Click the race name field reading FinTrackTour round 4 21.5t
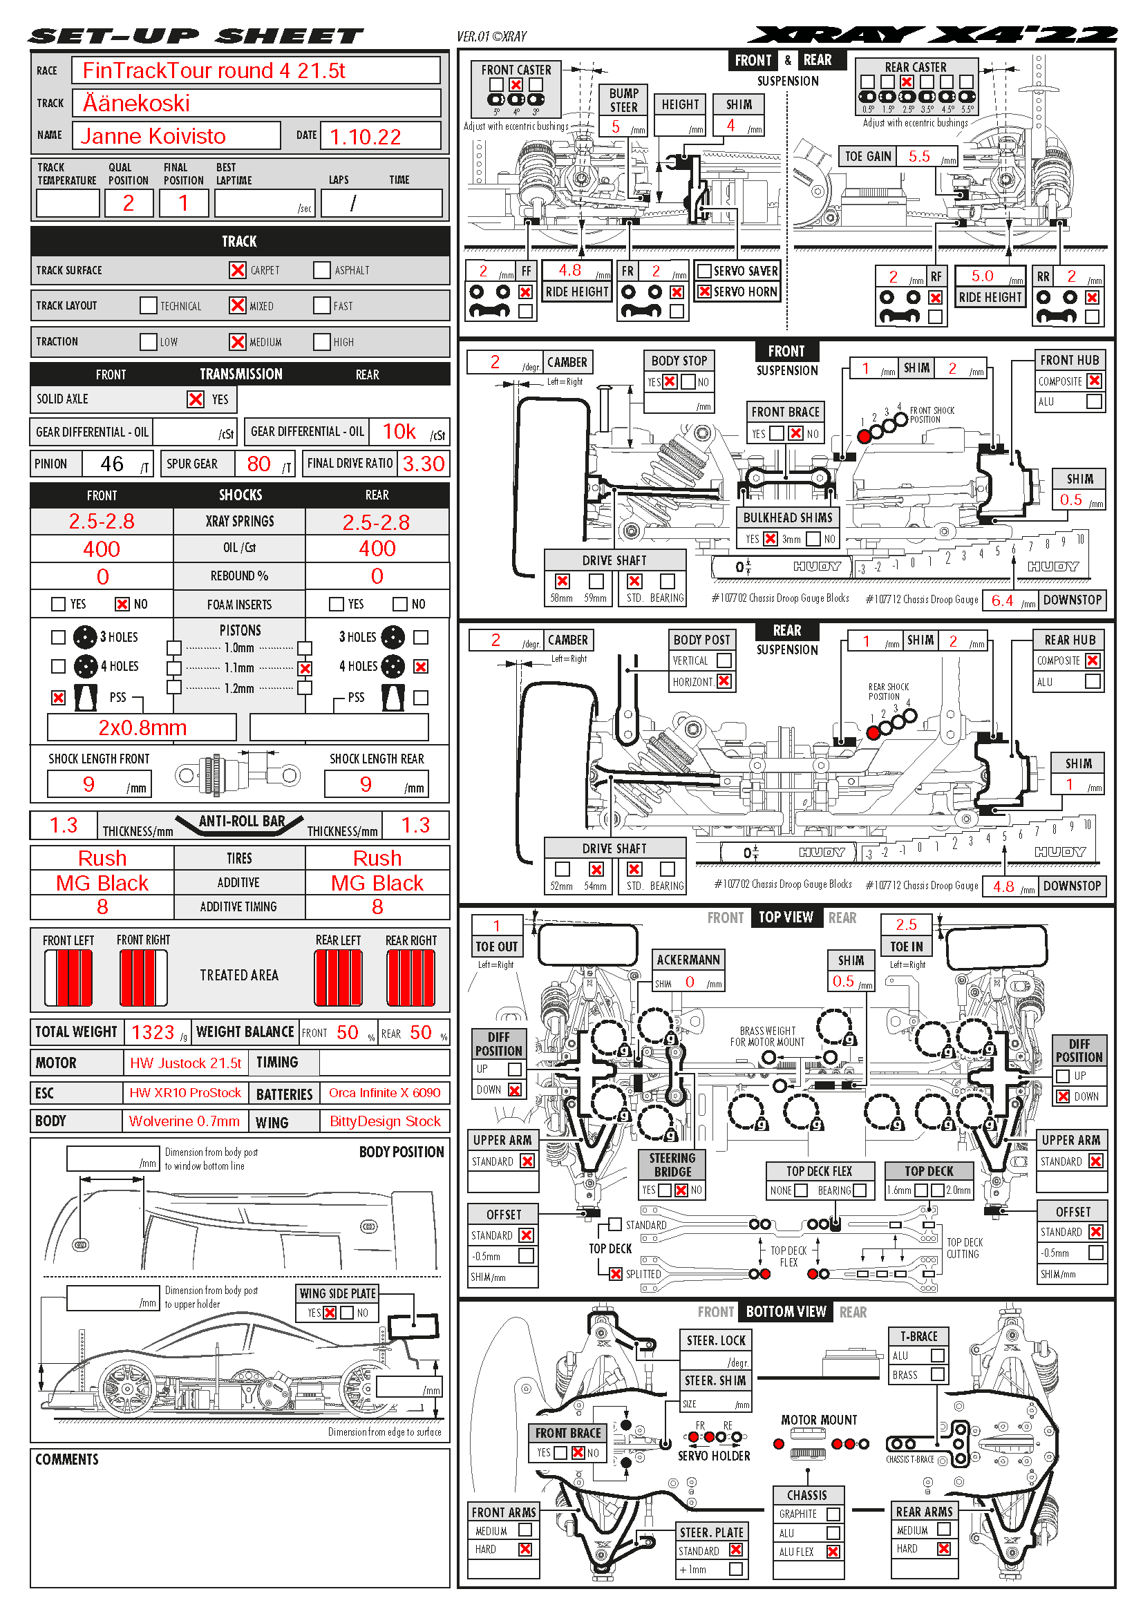pos(214,71)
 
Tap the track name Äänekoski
pos(137,104)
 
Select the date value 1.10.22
pos(366,137)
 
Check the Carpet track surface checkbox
pos(238,270)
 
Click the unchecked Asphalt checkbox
pos(322,270)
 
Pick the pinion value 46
pos(112,464)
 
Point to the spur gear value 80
pos(258,464)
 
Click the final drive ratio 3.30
pos(423,464)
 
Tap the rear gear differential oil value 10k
pos(399,431)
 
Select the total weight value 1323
pos(153,1032)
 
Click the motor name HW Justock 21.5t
pos(185,1063)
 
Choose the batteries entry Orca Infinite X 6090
pos(384,1093)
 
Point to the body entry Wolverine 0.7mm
pos(184,1121)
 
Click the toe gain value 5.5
pos(919,156)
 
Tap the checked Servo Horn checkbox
pos(704,292)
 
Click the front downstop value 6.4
pos(1002,600)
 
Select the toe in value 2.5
pos(907,924)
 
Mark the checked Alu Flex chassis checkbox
pos(833,1551)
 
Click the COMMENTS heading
pos(67,1460)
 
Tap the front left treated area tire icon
pos(68,978)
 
